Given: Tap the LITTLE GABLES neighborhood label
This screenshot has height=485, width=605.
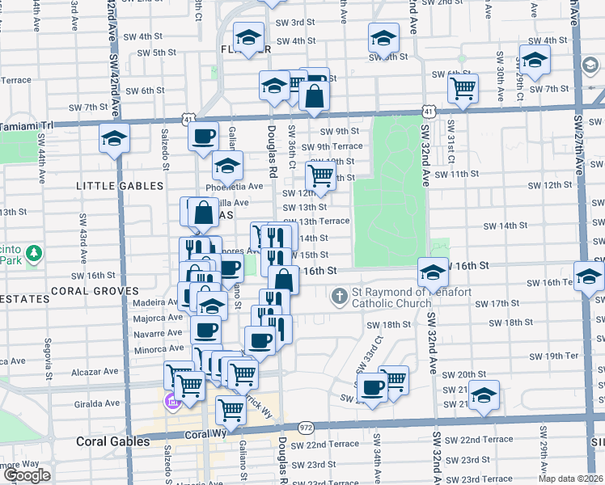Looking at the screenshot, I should (x=119, y=186).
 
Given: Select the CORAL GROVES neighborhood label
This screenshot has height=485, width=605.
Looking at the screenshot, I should (x=89, y=290).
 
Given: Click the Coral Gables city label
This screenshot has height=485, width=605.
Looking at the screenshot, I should (x=112, y=441).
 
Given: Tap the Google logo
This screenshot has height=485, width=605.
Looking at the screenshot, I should (x=26, y=474).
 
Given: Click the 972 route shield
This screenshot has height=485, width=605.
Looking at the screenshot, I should (x=306, y=426).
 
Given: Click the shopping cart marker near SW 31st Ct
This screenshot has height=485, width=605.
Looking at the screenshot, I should (x=463, y=88).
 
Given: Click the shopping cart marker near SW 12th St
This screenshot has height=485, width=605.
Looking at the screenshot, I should (x=321, y=176).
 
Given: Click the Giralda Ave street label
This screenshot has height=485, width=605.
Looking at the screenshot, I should (x=97, y=403).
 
